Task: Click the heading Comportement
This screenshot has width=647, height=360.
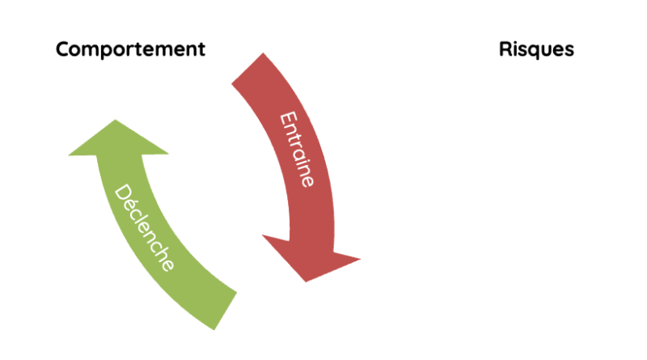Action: pyautogui.click(x=130, y=49)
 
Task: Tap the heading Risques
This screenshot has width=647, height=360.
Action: pyautogui.click(x=536, y=49)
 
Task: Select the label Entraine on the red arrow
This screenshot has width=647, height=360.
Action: pyautogui.click(x=297, y=149)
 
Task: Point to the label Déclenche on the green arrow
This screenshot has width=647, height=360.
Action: pyautogui.click(x=144, y=227)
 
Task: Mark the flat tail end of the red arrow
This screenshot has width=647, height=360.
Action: pyautogui.click(x=247, y=68)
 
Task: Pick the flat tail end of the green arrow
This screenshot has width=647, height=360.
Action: pyautogui.click(x=226, y=311)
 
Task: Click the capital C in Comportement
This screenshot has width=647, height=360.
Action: pyautogui.click(x=63, y=49)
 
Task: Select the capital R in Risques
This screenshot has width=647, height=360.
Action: pyautogui.click(x=505, y=49)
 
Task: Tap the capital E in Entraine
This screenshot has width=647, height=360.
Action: pyautogui.click(x=289, y=118)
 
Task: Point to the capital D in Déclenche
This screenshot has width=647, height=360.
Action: pyautogui.click(x=123, y=193)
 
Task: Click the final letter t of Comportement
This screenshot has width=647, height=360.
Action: pyautogui.click(x=201, y=49)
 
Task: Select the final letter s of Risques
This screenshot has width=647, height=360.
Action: pyautogui.click(x=569, y=51)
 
